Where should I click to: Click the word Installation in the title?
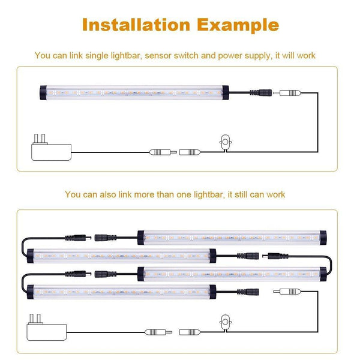[136, 25]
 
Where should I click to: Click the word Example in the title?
[238, 25]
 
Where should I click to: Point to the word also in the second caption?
[107, 194]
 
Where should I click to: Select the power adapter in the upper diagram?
[51, 148]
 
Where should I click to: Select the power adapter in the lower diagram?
[47, 328]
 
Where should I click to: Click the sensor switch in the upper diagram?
[226, 143]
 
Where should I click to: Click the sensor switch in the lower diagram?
[226, 323]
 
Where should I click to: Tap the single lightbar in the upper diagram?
[134, 93]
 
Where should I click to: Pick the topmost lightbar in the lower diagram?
[232, 238]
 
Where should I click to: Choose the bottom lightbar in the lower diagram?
[121, 292]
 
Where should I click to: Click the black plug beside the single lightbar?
[261, 93]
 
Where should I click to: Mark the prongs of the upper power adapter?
[40, 139]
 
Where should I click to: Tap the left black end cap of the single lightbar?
[43, 93]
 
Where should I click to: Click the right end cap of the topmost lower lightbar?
[323, 238]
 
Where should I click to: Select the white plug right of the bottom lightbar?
[287, 292]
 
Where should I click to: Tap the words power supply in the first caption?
[244, 56]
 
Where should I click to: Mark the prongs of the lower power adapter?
[35, 319]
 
